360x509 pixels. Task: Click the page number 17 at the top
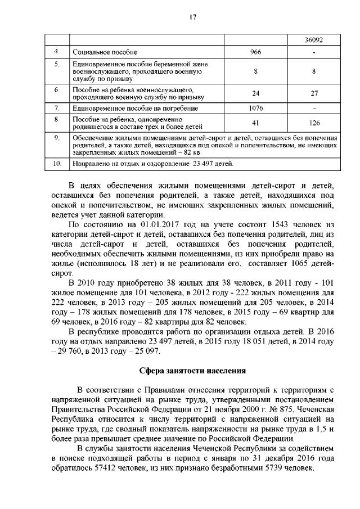(192, 17)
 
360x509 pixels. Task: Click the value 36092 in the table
(313, 40)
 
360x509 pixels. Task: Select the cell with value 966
(255, 52)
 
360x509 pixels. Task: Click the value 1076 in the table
(256, 107)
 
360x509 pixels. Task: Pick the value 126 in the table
(314, 123)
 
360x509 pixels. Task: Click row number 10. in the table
(56, 164)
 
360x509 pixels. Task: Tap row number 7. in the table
(56, 107)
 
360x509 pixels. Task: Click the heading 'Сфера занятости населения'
(191, 370)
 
